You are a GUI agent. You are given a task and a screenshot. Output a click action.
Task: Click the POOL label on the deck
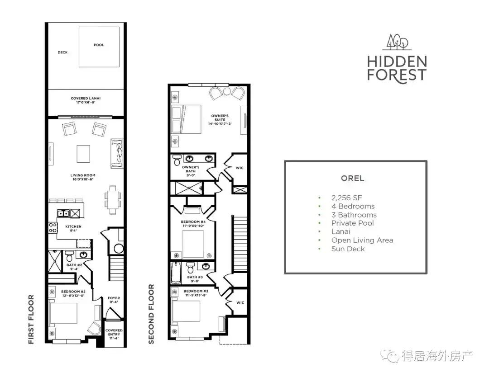(99, 45)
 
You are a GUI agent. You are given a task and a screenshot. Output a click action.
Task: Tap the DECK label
(62, 52)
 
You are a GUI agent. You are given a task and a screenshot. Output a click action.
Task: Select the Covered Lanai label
(86, 100)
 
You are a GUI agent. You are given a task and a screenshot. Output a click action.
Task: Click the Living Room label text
(83, 177)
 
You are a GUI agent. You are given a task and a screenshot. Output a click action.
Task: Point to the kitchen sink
(64, 213)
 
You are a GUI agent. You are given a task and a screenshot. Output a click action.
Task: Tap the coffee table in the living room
(83, 154)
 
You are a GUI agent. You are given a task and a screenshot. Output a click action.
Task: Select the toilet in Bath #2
(70, 256)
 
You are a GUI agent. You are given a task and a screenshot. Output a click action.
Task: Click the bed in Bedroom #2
(63, 313)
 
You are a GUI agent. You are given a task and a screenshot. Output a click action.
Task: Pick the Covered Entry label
(114, 335)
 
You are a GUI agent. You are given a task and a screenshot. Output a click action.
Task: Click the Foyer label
(114, 300)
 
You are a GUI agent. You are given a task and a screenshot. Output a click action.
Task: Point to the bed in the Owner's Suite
(187, 119)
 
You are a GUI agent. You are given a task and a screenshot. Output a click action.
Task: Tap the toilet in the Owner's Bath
(177, 160)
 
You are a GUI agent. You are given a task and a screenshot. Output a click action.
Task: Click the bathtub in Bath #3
(176, 273)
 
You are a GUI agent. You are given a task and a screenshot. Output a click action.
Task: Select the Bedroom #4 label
(193, 224)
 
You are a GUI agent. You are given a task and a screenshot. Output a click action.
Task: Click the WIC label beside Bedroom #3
(240, 302)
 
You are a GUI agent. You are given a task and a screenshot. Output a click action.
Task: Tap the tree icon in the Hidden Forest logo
(398, 42)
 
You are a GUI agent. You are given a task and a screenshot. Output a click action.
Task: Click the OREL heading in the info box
(352, 179)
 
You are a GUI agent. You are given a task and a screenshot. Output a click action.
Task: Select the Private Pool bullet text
(352, 223)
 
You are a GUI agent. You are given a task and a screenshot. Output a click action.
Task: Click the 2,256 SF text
(347, 198)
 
